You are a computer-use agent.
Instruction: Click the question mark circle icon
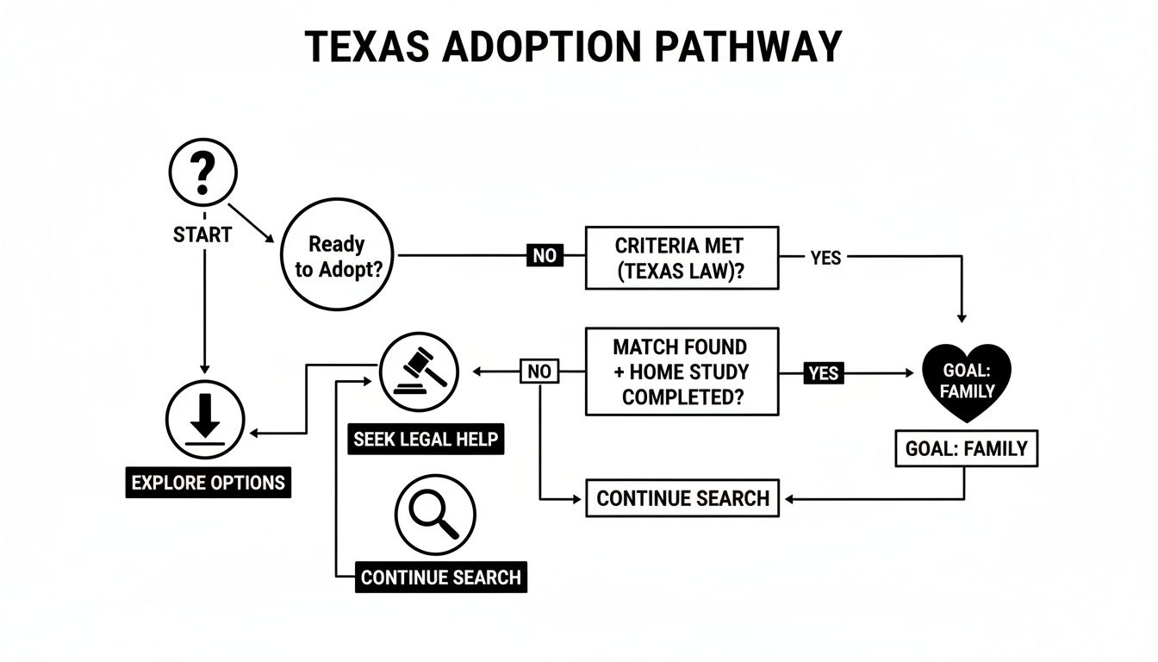202,172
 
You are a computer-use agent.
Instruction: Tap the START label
202,234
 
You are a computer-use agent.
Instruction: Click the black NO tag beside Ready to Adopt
545,255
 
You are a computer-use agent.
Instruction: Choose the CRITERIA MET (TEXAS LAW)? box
682,258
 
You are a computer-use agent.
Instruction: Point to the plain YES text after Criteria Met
825,257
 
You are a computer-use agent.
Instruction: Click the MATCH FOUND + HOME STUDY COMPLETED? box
682,372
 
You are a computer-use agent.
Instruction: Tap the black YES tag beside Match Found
824,373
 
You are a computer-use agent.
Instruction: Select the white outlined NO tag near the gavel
539,372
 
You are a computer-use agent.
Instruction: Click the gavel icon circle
419,372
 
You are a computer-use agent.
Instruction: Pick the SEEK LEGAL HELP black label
425,439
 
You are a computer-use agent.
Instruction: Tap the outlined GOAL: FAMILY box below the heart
966,448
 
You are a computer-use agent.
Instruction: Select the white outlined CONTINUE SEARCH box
682,498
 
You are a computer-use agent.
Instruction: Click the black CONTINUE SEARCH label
440,577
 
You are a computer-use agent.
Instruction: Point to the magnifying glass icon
435,515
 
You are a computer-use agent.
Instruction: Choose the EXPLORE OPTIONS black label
209,482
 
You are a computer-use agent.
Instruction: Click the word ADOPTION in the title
542,47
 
